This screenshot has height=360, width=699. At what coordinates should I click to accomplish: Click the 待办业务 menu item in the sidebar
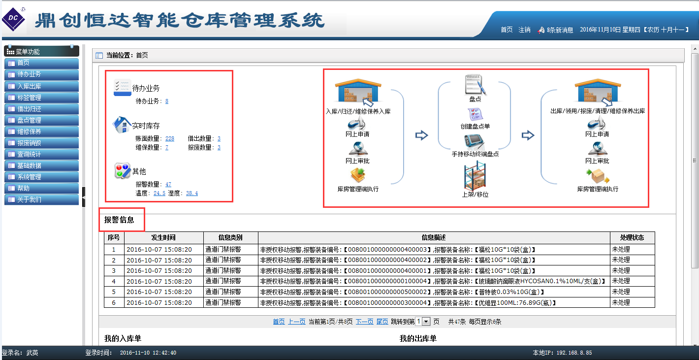click(x=41, y=74)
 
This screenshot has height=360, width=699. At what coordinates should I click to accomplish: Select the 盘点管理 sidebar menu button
click(x=41, y=120)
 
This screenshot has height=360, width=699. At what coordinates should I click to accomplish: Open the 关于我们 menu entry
click(x=41, y=199)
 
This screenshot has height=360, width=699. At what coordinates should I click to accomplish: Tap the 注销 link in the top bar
click(x=524, y=30)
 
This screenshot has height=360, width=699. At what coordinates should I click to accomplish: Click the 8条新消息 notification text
click(x=560, y=30)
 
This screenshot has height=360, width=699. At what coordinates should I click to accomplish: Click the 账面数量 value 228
click(x=170, y=138)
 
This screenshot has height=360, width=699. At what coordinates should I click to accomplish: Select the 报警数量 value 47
click(x=168, y=184)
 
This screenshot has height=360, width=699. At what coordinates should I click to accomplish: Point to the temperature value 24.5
click(x=159, y=193)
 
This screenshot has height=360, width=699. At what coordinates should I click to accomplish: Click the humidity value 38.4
click(x=192, y=193)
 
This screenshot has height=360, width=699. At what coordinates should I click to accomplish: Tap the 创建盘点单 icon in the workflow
click(x=475, y=114)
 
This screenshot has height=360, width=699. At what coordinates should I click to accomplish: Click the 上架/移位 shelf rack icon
click(x=475, y=175)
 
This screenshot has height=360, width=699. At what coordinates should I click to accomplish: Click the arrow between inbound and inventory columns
click(x=421, y=135)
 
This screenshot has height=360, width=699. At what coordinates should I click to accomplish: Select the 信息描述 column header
click(x=434, y=237)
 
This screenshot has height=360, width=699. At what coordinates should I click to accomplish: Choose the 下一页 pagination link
click(x=364, y=322)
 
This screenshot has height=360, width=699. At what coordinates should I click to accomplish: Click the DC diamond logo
click(x=13, y=19)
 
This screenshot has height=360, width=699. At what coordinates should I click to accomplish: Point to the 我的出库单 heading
click(x=418, y=338)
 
